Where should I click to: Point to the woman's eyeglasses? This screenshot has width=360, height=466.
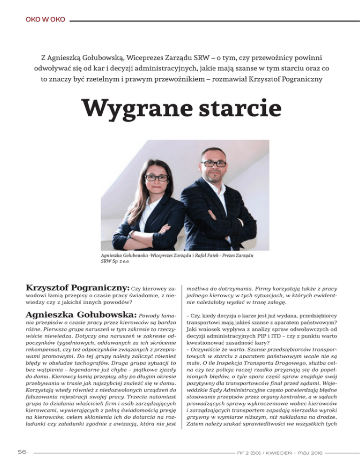(157, 178)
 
